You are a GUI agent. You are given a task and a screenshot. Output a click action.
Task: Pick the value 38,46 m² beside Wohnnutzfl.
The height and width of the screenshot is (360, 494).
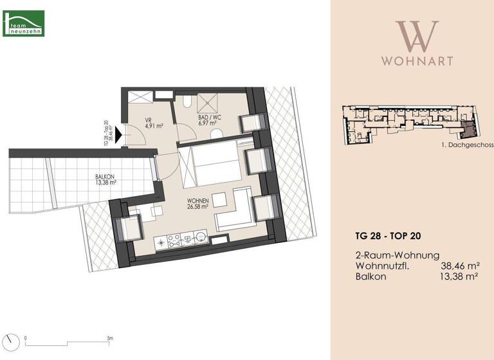459,265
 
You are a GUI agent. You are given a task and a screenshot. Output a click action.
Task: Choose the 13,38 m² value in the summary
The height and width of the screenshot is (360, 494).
459,276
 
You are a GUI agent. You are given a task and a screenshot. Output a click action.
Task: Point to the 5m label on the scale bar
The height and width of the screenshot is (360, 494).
110,338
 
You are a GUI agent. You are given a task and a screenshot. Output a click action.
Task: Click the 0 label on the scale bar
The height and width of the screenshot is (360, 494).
26,338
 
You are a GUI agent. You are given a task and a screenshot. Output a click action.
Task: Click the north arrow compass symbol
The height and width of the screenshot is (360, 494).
9,340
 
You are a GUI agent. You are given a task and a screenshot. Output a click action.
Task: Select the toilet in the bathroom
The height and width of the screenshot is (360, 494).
217,132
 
